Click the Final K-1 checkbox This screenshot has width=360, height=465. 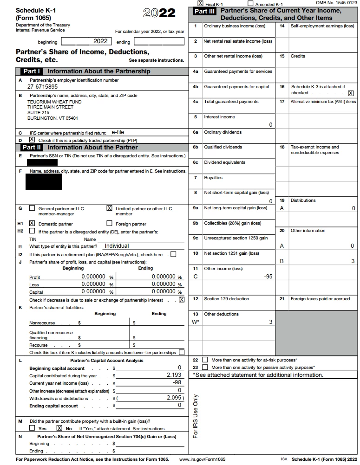coord(201,3)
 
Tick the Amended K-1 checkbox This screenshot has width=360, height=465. coord(251,3)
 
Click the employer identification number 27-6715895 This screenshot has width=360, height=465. coord(43,87)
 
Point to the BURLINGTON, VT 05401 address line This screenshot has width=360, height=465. coord(52,118)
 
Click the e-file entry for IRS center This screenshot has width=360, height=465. coord(118,132)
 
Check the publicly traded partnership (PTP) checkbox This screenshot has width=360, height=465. coord(32,139)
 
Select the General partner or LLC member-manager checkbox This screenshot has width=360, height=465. coord(32,208)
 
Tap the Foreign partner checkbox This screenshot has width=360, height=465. coord(110,223)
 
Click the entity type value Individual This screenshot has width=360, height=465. coord(117,246)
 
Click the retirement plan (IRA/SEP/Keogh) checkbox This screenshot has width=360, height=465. coord(173,254)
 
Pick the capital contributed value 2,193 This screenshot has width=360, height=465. coord(174,375)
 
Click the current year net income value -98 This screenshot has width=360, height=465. coord(177,382)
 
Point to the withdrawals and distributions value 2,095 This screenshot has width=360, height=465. coord(175,398)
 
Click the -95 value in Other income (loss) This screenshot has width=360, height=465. coord(268,277)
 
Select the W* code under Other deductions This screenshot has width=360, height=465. coord(196,322)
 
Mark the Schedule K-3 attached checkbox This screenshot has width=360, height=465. coord(351,93)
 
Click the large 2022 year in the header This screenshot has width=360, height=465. coord(159,13)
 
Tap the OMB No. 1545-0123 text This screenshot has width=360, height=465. coord(337,3)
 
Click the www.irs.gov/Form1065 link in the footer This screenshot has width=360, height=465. coord(203,459)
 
